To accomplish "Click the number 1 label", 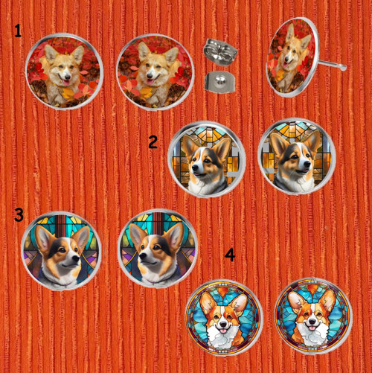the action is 18,31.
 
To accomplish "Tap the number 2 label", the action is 153,142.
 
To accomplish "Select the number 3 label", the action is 19,215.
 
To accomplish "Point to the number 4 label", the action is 230,255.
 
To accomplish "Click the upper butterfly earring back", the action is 220,52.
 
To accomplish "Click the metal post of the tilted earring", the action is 332,64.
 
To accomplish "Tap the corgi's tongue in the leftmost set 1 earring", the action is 66,83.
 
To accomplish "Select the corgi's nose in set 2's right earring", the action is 308,164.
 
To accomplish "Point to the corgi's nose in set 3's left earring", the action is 77,259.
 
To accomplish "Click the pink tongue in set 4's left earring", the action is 224,331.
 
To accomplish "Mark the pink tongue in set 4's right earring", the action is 312,328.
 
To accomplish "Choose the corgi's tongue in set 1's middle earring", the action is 150,82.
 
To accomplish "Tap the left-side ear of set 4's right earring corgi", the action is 296,302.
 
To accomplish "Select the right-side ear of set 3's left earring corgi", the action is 83,237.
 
